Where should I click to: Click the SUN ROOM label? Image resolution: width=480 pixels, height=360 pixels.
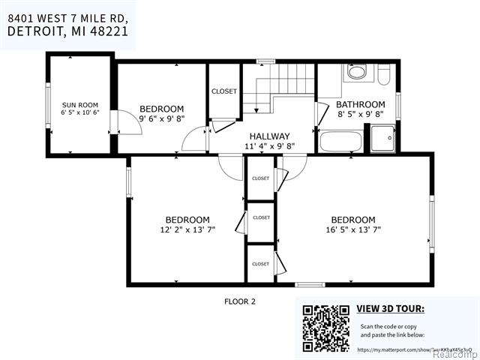(x=79, y=104)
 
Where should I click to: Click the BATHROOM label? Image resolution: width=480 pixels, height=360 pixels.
(x=360, y=104)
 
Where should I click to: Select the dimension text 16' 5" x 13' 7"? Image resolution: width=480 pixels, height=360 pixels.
(x=352, y=230)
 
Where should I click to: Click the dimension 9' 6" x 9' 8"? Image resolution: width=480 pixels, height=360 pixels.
(x=161, y=118)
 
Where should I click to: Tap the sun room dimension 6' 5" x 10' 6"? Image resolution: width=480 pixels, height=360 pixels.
(x=79, y=113)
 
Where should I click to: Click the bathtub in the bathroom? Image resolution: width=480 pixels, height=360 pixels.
(x=340, y=141)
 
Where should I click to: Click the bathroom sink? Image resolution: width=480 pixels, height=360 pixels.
(x=357, y=73)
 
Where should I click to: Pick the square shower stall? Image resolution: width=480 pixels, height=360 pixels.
(x=383, y=138)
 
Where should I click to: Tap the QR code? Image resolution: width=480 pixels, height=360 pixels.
(x=325, y=328)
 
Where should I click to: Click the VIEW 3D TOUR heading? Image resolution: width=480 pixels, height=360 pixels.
(x=389, y=308)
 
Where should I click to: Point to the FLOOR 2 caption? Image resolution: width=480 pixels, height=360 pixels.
(x=240, y=301)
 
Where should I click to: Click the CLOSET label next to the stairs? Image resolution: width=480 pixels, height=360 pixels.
(x=223, y=91)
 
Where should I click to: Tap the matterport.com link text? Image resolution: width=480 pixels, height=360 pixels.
(x=390, y=349)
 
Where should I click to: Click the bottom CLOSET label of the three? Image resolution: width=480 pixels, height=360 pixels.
(x=260, y=264)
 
